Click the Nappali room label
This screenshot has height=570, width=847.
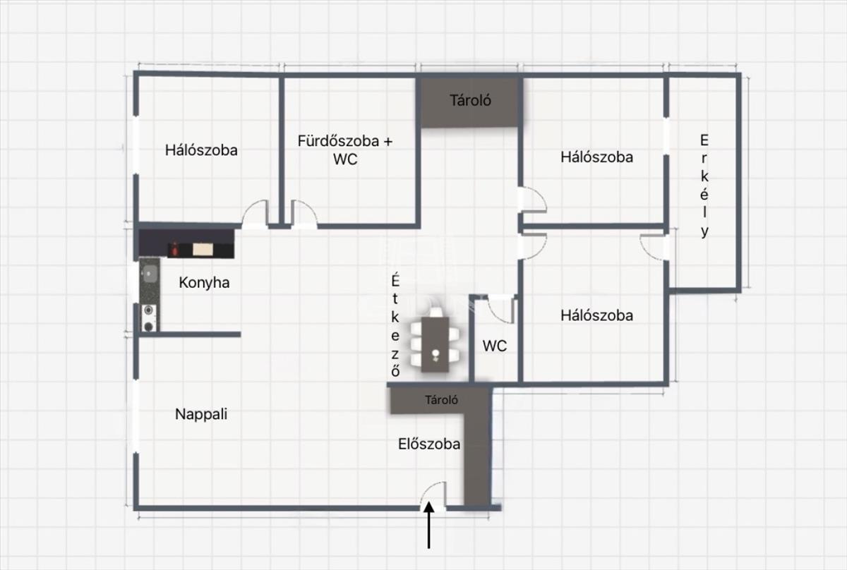[x=201, y=415]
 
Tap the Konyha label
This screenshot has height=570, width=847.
[x=204, y=283]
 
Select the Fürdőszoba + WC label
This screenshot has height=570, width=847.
[x=345, y=150]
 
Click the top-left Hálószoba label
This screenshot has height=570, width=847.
[x=201, y=150]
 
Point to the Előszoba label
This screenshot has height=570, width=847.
[x=429, y=444]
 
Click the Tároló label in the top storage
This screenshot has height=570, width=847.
[x=470, y=100]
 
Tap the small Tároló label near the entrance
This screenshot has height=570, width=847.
[x=442, y=400]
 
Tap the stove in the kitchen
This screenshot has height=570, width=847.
[x=149, y=317]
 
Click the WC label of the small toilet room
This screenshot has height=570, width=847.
[x=494, y=346]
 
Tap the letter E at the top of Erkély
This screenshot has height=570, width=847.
[x=704, y=139]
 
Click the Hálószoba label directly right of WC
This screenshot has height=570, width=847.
[x=596, y=315]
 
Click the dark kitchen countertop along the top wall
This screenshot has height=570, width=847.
[x=186, y=244]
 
